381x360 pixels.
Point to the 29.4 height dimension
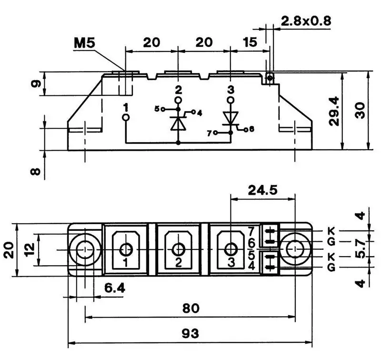click(335, 111)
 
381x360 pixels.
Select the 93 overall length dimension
click(190, 332)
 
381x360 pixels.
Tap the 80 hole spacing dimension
click(190, 309)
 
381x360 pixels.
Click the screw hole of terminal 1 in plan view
click(126, 249)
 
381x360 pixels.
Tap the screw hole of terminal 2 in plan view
click(179, 249)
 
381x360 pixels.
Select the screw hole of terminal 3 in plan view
click(231, 249)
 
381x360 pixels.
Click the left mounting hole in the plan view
click(85, 249)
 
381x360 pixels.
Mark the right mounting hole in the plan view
click(295, 249)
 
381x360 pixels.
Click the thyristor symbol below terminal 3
click(231, 117)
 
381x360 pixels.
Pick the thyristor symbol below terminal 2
click(178, 122)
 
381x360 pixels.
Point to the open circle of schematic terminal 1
click(126, 117)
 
